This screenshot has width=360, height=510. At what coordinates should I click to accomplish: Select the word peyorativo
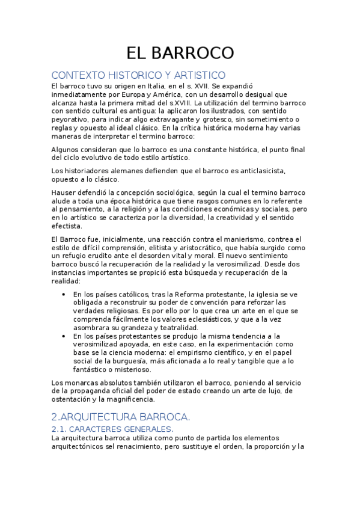click(x=75, y=120)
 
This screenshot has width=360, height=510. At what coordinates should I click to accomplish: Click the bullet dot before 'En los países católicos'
click(x=64, y=294)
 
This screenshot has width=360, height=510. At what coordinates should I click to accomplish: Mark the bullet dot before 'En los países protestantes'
click(x=64, y=336)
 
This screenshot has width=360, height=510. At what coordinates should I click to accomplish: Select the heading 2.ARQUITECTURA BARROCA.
click(x=120, y=416)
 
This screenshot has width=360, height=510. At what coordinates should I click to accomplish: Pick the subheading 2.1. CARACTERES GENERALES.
click(x=112, y=429)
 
